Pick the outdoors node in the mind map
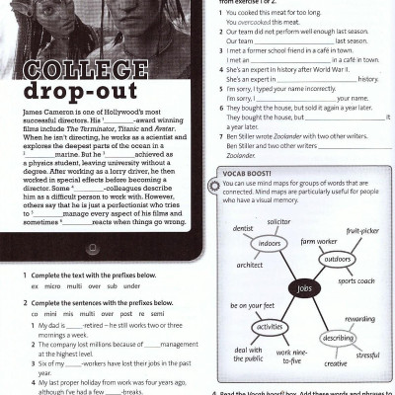(x=339, y=260)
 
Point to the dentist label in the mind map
(x=243, y=228)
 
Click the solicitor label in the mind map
(x=278, y=223)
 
